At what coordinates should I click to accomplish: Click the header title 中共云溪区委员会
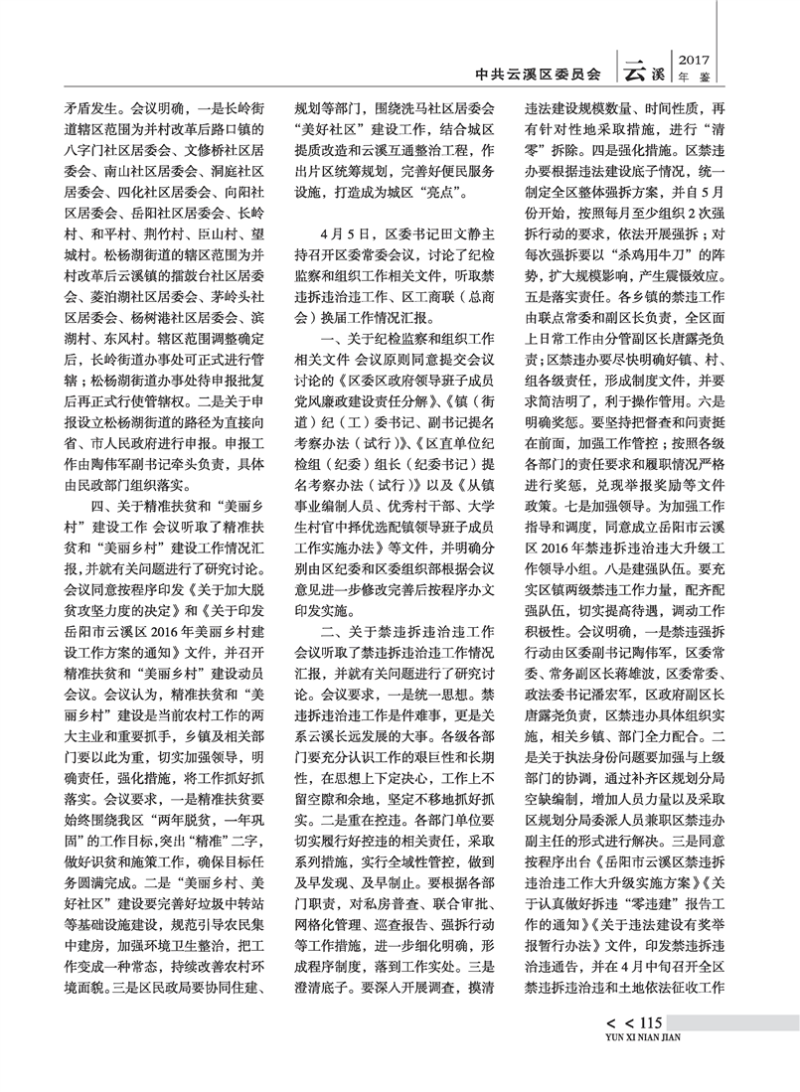540,74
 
